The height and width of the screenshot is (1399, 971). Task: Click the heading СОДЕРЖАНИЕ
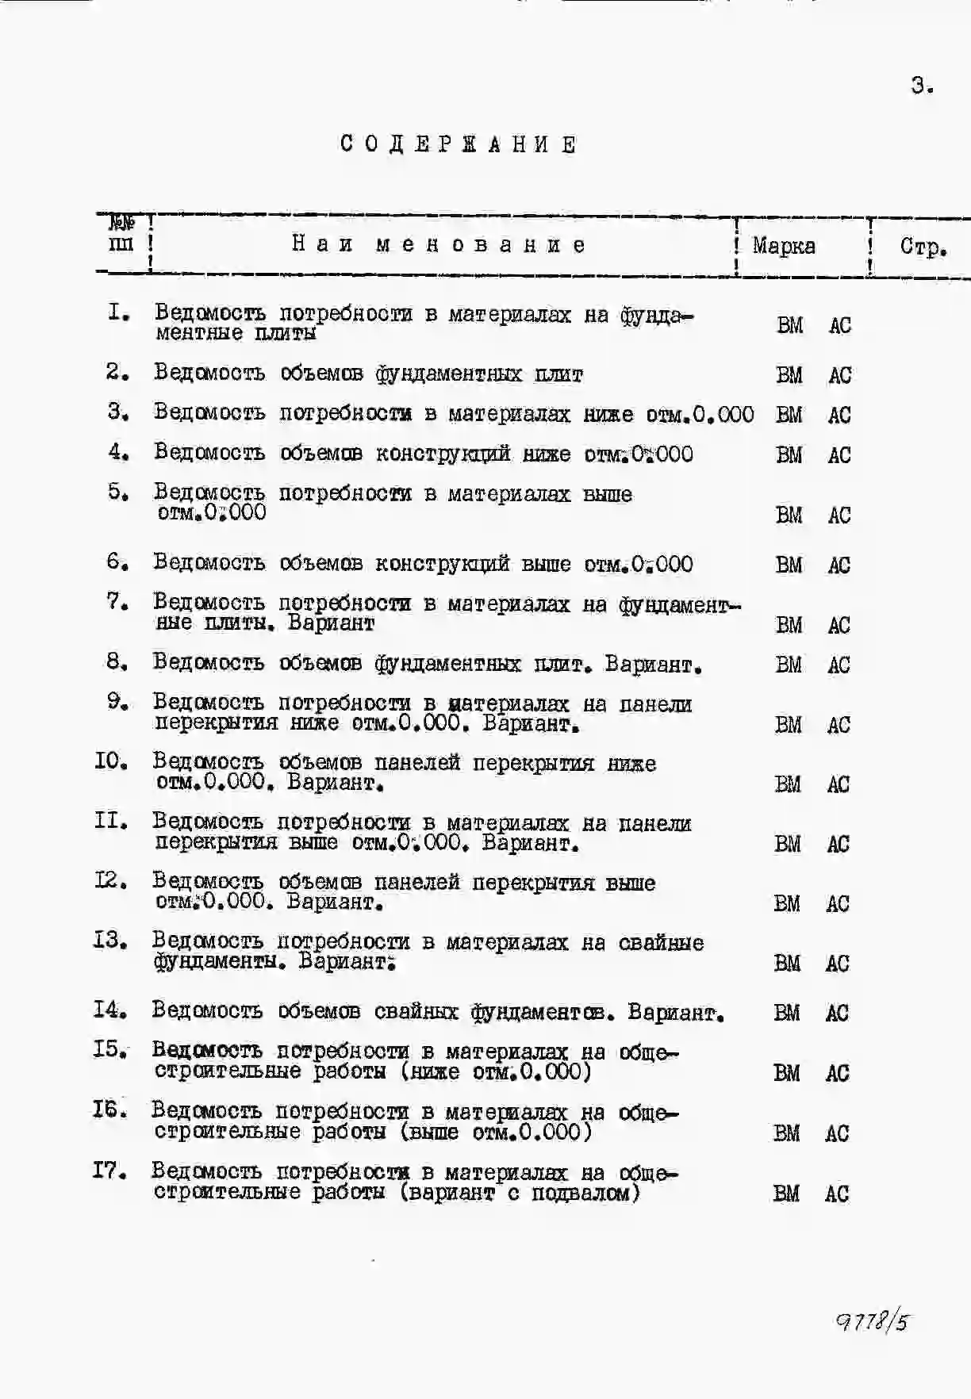[x=459, y=144]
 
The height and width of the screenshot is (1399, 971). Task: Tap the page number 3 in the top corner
[x=921, y=86]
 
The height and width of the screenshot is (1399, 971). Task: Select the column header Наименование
[x=439, y=244]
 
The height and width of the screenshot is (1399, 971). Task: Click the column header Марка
[x=784, y=246]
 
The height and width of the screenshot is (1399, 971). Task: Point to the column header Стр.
[x=923, y=247]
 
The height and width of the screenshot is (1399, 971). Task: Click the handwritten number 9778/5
[x=872, y=1321]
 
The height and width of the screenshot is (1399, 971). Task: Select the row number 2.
[x=117, y=371]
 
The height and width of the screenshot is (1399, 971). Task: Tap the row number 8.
[x=117, y=661]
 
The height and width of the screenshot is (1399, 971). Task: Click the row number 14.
[x=110, y=1010]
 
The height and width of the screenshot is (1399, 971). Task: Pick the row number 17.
[x=109, y=1170]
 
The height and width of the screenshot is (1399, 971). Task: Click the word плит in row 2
[x=558, y=374]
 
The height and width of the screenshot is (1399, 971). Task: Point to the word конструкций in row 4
[x=441, y=454]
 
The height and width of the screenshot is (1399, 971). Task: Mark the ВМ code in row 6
[x=789, y=565]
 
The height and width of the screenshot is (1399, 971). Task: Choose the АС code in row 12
[x=838, y=903]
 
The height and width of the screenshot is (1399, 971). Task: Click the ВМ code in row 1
[x=789, y=325]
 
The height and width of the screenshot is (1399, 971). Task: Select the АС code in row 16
[x=837, y=1133]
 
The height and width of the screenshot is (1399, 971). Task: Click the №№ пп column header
[x=121, y=235]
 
